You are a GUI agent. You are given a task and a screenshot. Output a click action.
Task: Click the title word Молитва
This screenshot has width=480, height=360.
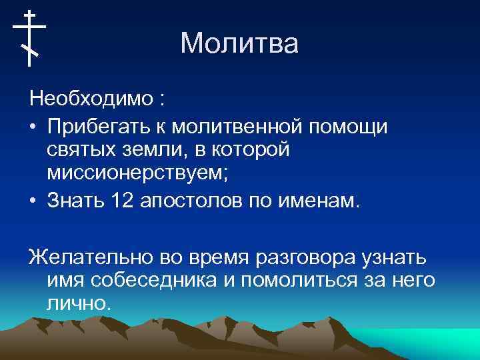click(239, 44)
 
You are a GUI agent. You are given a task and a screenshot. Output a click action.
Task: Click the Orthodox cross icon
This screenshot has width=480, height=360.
click(29, 38)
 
